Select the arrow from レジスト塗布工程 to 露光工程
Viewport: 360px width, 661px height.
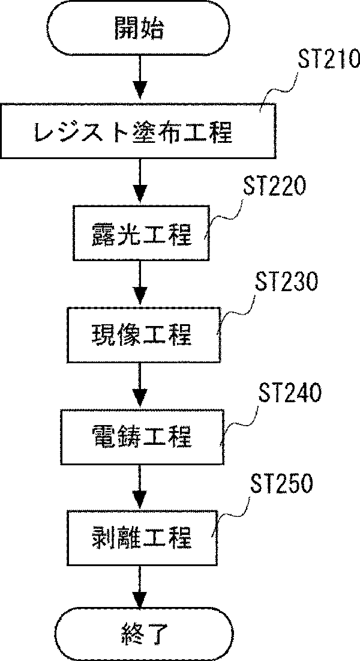tap(140, 181)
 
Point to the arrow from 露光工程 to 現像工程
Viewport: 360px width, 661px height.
tap(140, 283)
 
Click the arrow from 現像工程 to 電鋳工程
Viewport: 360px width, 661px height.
tap(140, 385)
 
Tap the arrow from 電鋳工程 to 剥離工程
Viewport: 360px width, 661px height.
tap(140, 486)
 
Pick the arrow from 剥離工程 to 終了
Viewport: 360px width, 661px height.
tap(140, 588)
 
